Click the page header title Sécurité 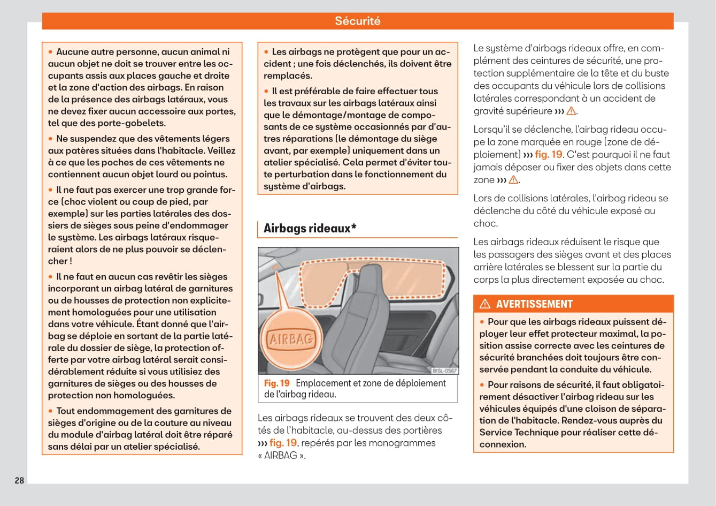(x=357, y=21)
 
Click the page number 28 (x=19, y=480)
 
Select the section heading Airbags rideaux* (x=310, y=228)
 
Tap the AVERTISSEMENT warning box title (x=534, y=304)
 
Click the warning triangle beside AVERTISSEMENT (x=485, y=304)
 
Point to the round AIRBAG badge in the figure (x=290, y=339)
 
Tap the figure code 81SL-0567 (x=444, y=371)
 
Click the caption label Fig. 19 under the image (x=276, y=383)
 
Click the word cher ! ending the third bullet (x=60, y=261)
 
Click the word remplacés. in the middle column (x=288, y=76)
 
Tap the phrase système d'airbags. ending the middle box (x=304, y=186)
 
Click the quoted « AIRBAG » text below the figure (x=281, y=456)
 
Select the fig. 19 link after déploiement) (x=548, y=155)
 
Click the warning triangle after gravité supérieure (x=571, y=111)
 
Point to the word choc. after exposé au (x=486, y=224)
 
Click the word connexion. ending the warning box (x=503, y=444)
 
